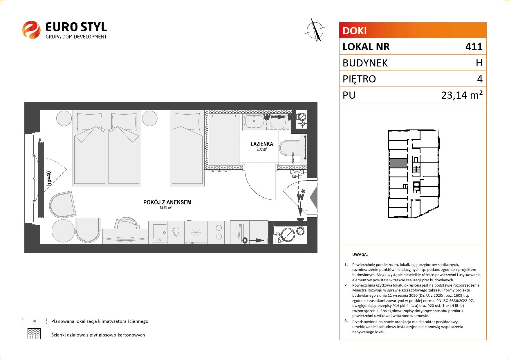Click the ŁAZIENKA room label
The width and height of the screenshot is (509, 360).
click(262, 144)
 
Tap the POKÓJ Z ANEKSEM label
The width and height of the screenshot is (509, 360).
click(167, 202)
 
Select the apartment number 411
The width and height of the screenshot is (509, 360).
click(474, 47)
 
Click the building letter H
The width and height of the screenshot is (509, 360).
click(479, 63)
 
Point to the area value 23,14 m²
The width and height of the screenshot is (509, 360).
click(462, 95)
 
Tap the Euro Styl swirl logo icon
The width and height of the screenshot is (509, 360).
click(31, 30)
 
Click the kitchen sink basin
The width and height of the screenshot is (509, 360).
click(158, 232)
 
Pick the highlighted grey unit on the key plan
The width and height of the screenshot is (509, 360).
click(398, 163)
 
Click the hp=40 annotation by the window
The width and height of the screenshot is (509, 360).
click(49, 178)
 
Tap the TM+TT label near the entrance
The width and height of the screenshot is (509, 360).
click(297, 177)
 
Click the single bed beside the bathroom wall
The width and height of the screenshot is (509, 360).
click(187, 147)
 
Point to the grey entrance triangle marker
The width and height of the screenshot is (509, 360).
click(314, 198)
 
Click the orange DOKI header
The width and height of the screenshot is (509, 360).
click(413, 30)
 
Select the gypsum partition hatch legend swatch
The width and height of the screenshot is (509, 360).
click(34, 334)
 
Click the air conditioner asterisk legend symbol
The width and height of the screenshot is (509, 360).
click(35, 321)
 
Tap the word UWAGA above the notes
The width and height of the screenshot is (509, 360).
click(360, 255)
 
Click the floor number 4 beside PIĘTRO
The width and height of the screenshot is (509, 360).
click(480, 79)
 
